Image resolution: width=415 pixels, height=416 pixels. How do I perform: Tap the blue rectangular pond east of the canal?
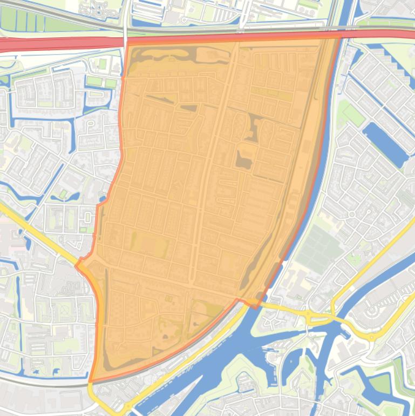pyautogui.click(x=385, y=144)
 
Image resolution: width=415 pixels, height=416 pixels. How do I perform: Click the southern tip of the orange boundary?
pyautogui.click(x=91, y=381)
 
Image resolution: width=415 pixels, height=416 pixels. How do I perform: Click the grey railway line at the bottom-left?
pyautogui.click(x=43, y=380)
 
